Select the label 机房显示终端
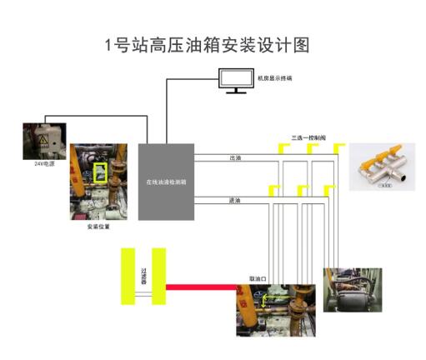275,78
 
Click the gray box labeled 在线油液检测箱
166,182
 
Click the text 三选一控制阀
305,137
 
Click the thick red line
200,287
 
